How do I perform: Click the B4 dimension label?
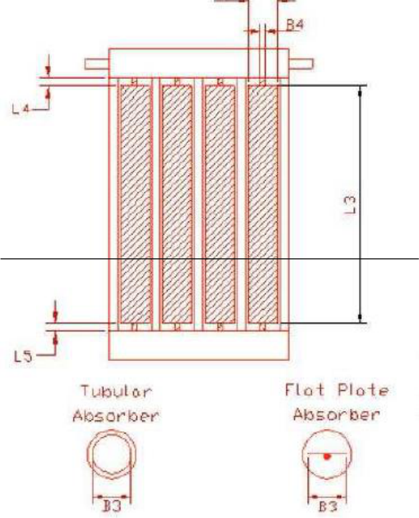[295, 25]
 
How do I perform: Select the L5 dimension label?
[23, 357]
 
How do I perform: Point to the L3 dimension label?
[350, 204]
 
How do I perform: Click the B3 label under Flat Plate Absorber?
[328, 507]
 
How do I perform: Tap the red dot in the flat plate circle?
[327, 456]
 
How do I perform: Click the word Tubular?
[117, 392]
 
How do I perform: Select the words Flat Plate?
[337, 390]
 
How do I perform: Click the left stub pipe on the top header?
[97, 64]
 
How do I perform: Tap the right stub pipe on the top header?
[301, 64]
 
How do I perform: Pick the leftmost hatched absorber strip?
[135, 204]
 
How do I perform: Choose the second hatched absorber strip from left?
[177, 204]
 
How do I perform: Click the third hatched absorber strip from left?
[220, 204]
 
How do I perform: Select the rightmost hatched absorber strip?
[263, 204]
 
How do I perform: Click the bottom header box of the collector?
[199, 345]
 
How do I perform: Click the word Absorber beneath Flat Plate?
[337, 414]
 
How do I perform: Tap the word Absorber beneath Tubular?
[116, 415]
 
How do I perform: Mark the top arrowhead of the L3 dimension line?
[360, 92]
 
